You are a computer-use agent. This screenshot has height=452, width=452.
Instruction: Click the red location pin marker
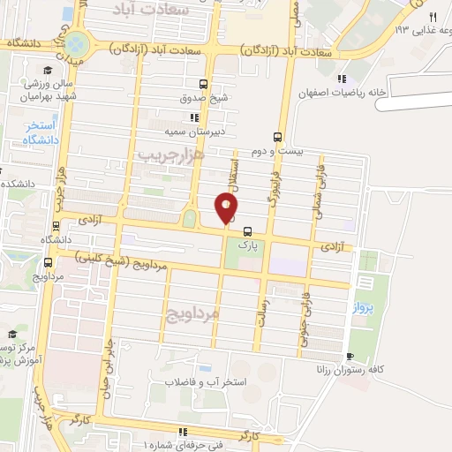pos(227,208)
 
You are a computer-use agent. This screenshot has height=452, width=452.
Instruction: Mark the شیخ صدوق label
pos(204,98)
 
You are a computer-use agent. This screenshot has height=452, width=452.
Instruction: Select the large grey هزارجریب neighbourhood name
pos(171,154)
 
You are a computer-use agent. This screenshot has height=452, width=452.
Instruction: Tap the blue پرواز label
pos(364,307)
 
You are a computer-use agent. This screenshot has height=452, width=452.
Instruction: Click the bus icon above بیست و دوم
pos(278,137)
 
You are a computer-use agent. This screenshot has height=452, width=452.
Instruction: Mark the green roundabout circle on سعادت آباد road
pos(77,42)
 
